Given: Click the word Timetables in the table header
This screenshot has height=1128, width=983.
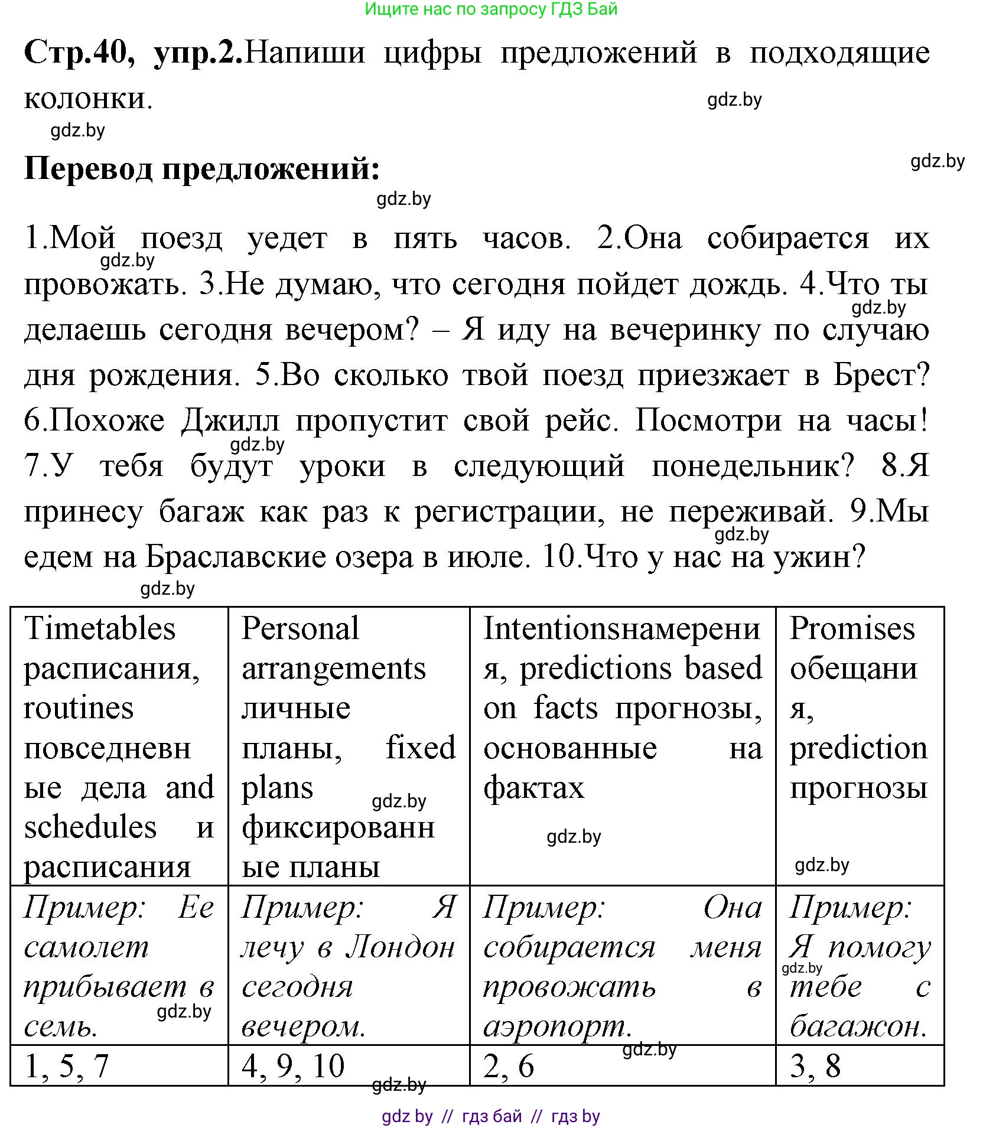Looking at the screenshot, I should pos(99,628).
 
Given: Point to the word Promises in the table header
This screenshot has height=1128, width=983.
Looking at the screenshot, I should pos(852,628).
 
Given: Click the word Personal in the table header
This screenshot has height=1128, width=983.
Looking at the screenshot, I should pos(300,628).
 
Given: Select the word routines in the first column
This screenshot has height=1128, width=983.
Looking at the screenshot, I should pos(79,708).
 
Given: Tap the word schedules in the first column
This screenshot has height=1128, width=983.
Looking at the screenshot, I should pos(90,827).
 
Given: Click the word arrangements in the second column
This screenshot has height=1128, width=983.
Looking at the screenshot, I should pos(334,669).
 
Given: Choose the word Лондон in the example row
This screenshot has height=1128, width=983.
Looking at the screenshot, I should pos(401,948).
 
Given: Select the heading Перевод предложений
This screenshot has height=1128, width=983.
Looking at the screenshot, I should pos(202,169).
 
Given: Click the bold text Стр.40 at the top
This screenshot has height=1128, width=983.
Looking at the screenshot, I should pos(79,53).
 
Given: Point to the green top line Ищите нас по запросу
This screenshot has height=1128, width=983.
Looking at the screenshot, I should pos(490,9).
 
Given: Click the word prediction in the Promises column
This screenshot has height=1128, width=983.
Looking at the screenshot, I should pos(858,748).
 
